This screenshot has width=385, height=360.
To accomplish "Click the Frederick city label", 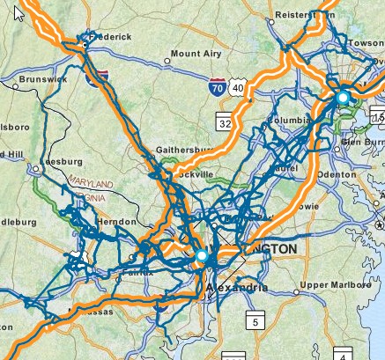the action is tap(111, 37).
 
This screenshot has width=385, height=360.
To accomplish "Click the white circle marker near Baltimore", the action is tap(342, 97).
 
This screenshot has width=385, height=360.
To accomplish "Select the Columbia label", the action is tap(290, 119).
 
